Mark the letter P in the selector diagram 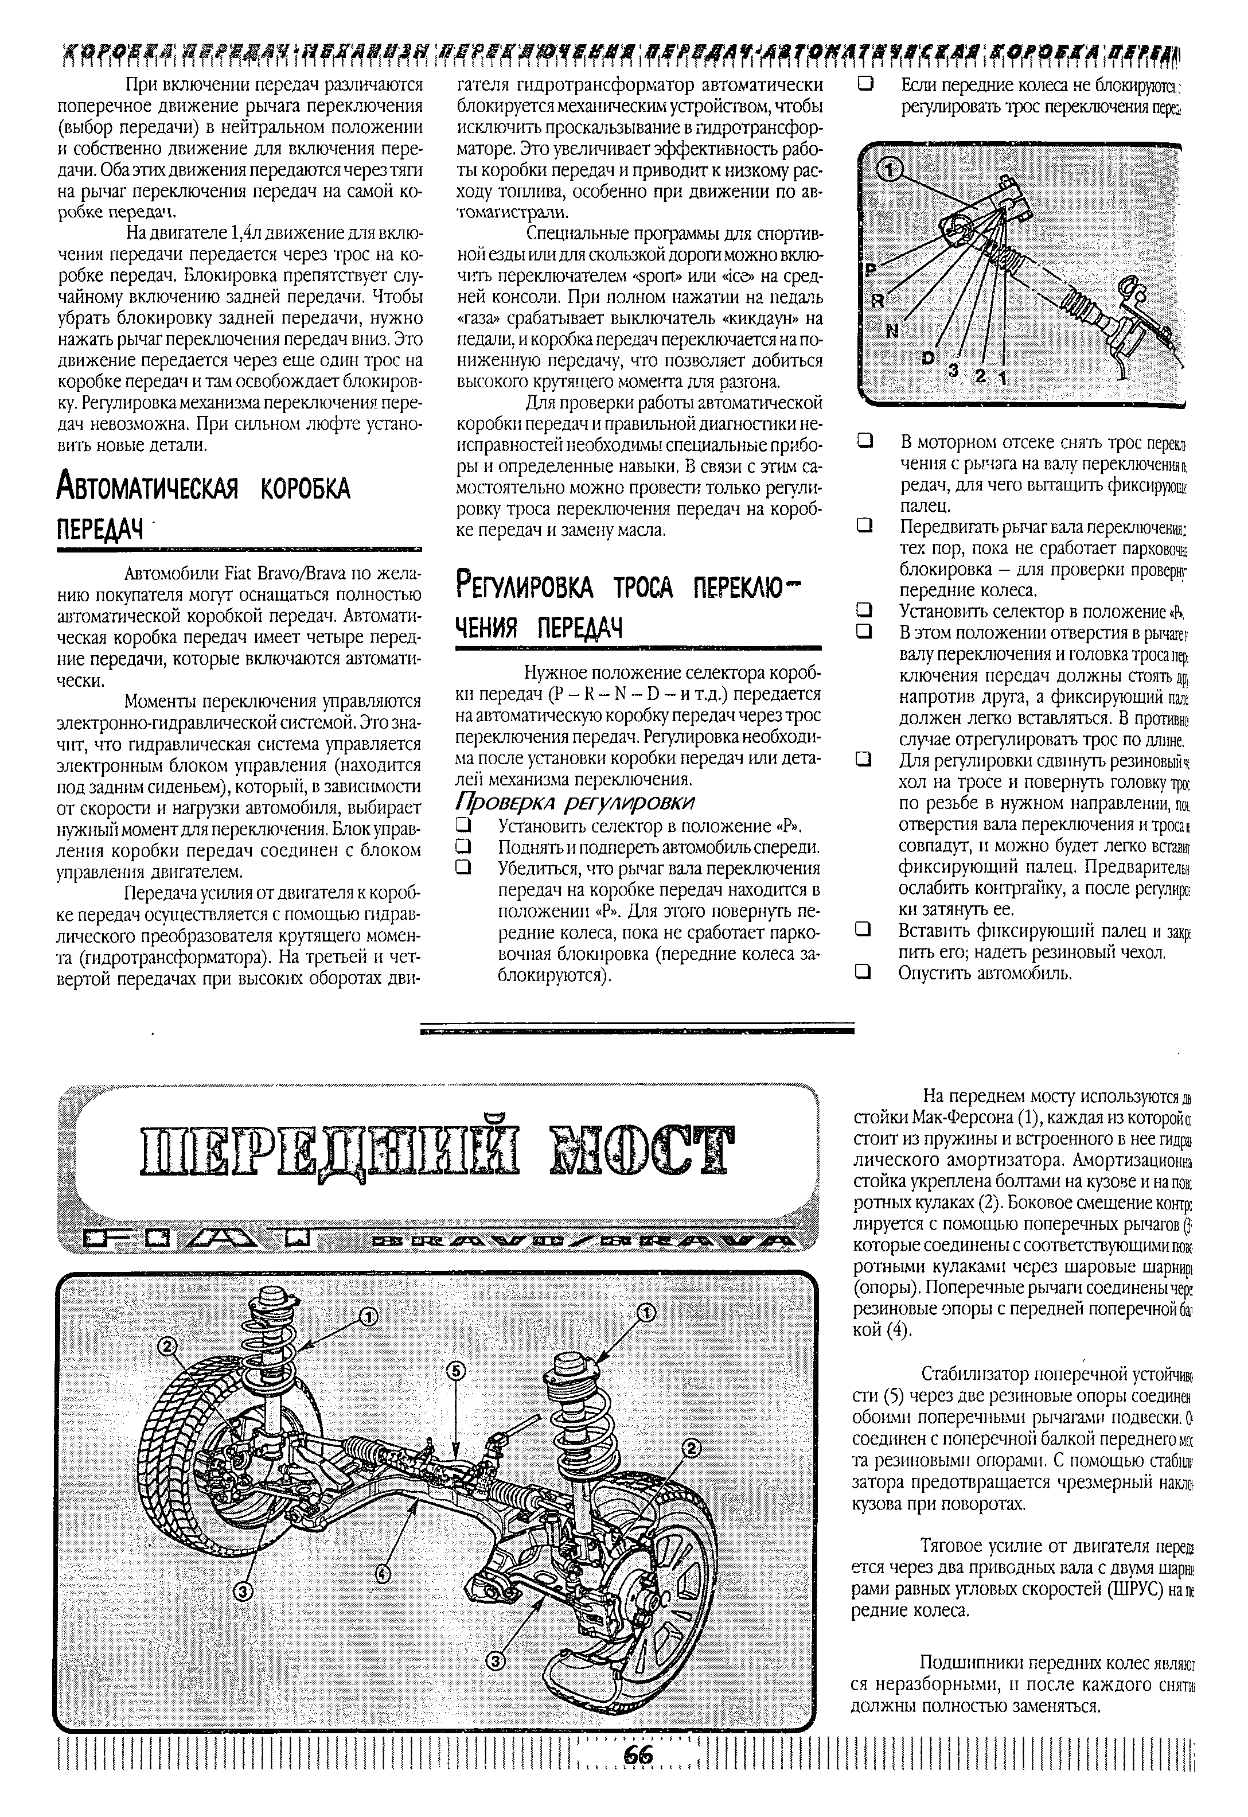[869, 269]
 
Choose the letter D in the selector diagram [928, 357]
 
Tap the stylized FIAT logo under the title [200, 1239]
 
